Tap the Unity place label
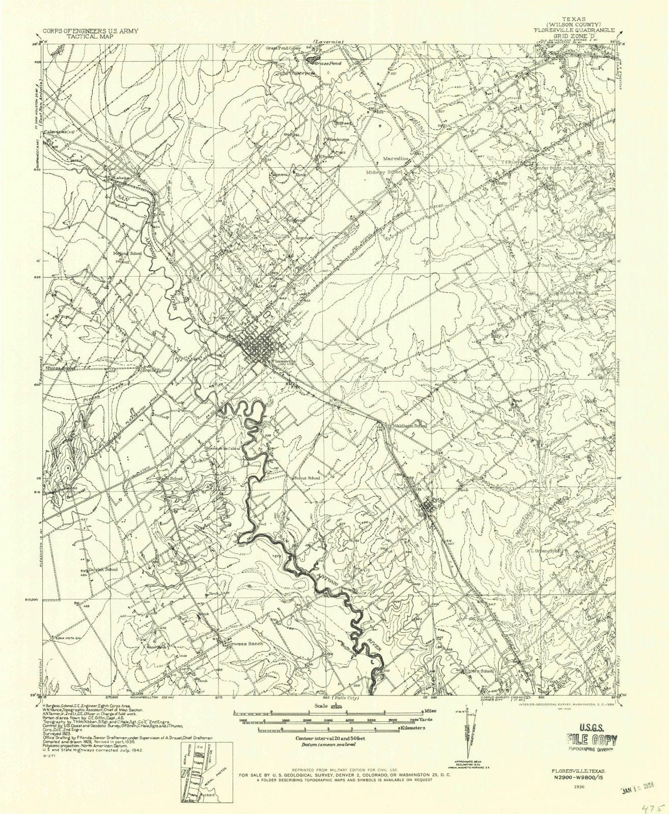pyautogui.click(x=502, y=182)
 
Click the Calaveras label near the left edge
pyautogui.click(x=54, y=132)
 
